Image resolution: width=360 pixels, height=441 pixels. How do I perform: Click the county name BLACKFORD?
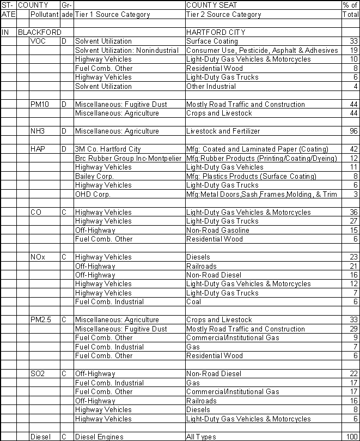[40, 33]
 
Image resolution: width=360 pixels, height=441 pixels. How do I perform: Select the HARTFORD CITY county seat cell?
[215, 33]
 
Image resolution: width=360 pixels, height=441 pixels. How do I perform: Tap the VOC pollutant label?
[38, 41]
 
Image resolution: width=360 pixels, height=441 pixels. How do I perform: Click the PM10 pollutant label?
[40, 104]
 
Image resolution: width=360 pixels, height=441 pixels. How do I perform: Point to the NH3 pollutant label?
[38, 131]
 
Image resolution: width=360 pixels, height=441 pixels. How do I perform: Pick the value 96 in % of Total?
[352, 131]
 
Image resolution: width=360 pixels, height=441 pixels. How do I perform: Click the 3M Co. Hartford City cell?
[108, 149]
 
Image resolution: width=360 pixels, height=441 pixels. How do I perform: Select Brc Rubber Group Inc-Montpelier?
[128, 158]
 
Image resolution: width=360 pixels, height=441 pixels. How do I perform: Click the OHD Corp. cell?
[93, 194]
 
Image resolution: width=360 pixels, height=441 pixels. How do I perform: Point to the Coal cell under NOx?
[194, 302]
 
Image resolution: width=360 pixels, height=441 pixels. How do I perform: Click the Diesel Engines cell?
[99, 437]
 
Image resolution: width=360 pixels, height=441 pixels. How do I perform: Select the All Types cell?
[201, 437]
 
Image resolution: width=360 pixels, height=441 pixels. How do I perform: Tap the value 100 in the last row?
[351, 437]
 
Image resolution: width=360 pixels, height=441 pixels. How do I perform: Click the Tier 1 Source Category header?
[112, 15]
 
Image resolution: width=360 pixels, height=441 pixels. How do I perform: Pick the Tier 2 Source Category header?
[223, 15]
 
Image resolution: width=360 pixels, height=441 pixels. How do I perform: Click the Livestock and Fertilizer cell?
[223, 131]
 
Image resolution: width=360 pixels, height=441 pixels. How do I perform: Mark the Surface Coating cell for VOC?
[212, 41]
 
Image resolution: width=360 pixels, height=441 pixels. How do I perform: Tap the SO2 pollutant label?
[38, 374]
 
